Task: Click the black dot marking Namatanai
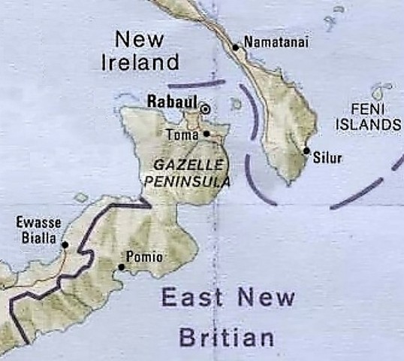tap(236, 47)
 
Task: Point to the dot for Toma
tap(207, 134)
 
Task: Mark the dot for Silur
tap(306, 150)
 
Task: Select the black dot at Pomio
tap(122, 266)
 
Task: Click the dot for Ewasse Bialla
tap(65, 244)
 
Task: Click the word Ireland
tap(140, 62)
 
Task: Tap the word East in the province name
tap(192, 299)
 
